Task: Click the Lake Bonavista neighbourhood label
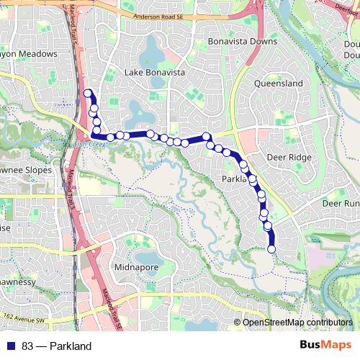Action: (x=155, y=73)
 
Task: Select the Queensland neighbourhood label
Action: (x=279, y=84)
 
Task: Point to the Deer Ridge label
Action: (x=288, y=157)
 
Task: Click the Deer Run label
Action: (x=340, y=204)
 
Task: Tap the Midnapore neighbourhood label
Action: (x=136, y=267)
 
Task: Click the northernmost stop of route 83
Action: (x=89, y=93)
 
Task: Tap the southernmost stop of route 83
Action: (x=271, y=249)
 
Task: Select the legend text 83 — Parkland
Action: (x=56, y=346)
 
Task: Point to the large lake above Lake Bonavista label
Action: (x=153, y=53)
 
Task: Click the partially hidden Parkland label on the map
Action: (x=234, y=179)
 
